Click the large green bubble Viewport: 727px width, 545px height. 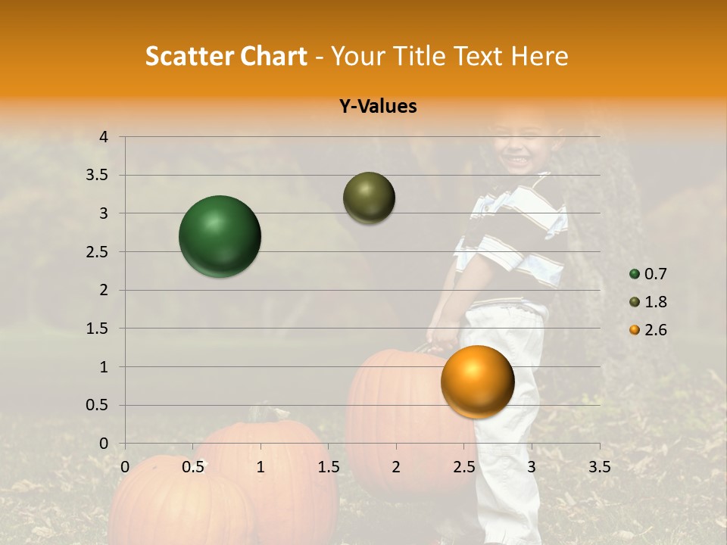220,236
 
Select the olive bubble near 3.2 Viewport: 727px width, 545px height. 369,198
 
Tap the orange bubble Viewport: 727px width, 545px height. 477,381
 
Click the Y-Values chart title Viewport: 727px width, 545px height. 377,106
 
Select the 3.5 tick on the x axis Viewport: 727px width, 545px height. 599,467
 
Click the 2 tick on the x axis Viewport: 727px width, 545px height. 396,467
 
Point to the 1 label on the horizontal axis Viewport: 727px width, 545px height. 261,467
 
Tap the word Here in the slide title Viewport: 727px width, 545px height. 539,56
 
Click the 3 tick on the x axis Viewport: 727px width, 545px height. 532,467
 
